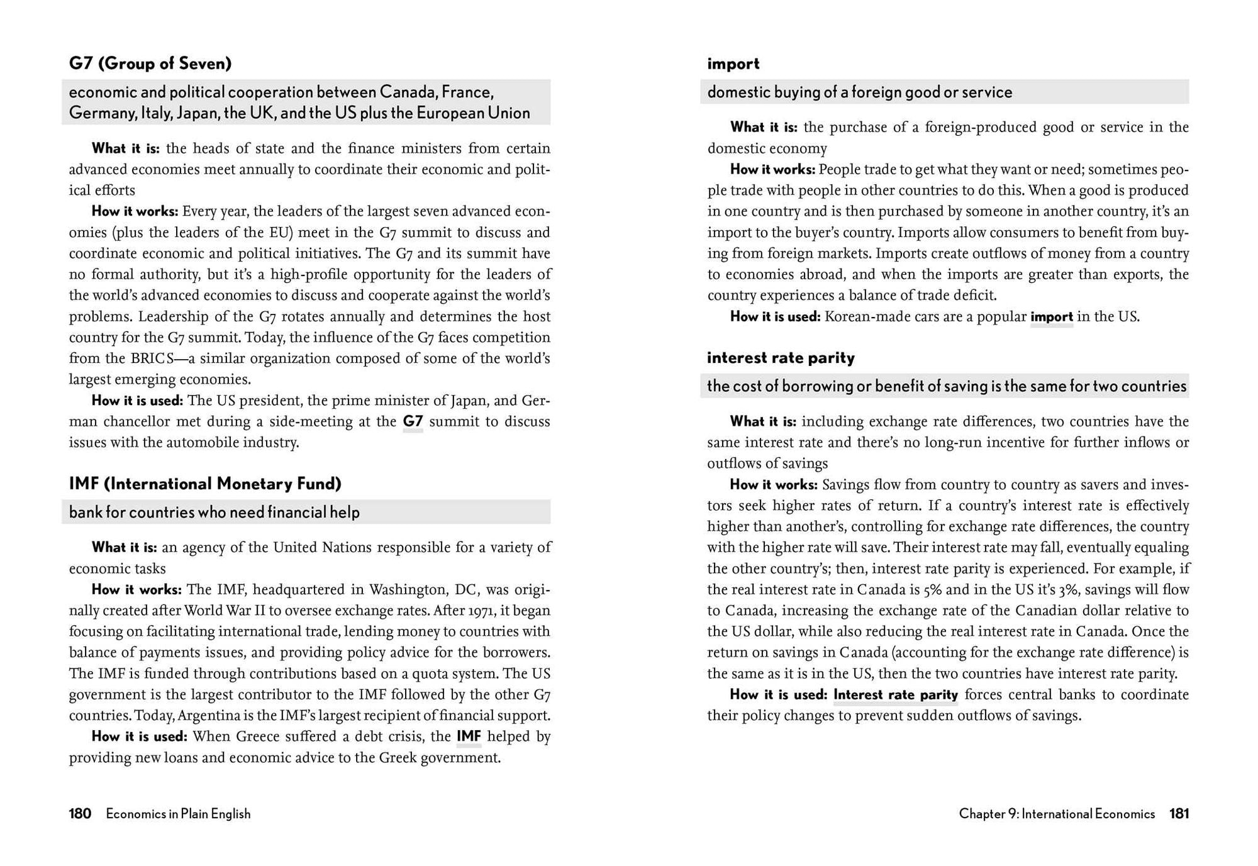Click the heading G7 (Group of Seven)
point(150,64)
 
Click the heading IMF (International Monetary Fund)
point(205,484)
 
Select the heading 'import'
point(733,64)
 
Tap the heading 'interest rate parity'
point(781,358)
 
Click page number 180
point(80,814)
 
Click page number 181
point(1179,814)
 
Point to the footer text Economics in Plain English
point(178,814)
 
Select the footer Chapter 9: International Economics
point(1057,814)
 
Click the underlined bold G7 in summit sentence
point(413,421)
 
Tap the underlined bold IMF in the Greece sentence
point(469,736)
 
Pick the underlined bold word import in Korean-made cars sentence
point(1051,317)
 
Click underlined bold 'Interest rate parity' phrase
point(895,695)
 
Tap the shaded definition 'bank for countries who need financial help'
point(214,513)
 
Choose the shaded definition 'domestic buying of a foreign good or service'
point(859,92)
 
